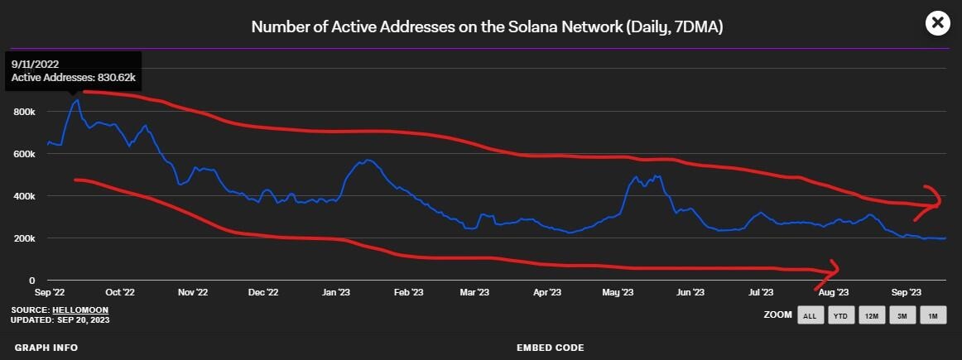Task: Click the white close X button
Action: pos(937,23)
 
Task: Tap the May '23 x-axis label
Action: pos(618,292)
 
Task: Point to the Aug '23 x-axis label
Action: pos(833,292)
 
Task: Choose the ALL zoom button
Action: pos(810,315)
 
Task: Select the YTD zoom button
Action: pos(840,315)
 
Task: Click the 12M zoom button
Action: pos(871,315)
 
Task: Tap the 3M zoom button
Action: pos(902,315)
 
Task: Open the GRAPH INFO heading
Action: pos(46,348)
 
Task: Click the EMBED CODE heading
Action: pos(550,348)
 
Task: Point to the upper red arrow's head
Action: pos(939,201)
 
